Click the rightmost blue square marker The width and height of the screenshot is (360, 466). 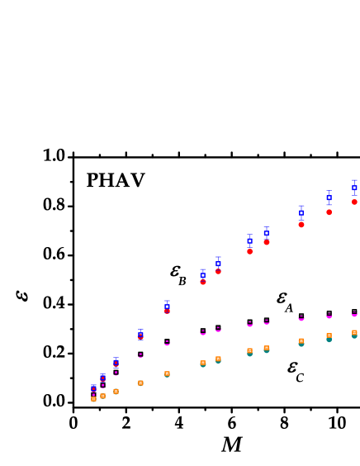click(x=354, y=188)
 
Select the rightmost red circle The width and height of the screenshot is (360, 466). click(x=354, y=202)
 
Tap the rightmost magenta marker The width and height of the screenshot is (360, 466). click(x=354, y=314)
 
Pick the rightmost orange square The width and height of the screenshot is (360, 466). click(x=354, y=333)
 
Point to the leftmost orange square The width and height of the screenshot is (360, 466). click(x=93, y=398)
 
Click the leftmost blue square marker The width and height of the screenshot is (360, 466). click(x=93, y=388)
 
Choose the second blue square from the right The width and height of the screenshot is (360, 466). click(x=329, y=197)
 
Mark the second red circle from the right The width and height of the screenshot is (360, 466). click(x=329, y=212)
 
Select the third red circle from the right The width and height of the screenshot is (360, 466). click(x=301, y=224)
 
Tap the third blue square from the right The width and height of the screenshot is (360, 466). click(x=301, y=212)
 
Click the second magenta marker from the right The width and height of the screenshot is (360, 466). click(x=329, y=316)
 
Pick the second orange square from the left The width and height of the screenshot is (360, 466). click(x=102, y=396)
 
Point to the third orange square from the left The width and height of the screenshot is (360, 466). click(x=116, y=391)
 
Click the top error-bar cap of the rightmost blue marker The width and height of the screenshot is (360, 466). click(x=354, y=180)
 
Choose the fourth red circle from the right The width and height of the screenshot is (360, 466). click(x=267, y=242)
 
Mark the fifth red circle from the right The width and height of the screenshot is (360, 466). click(x=249, y=251)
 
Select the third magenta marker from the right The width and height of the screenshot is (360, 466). click(x=301, y=318)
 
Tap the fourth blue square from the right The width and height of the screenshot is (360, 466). click(x=267, y=233)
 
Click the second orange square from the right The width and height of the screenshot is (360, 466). click(x=329, y=336)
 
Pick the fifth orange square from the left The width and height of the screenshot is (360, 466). click(x=167, y=373)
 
